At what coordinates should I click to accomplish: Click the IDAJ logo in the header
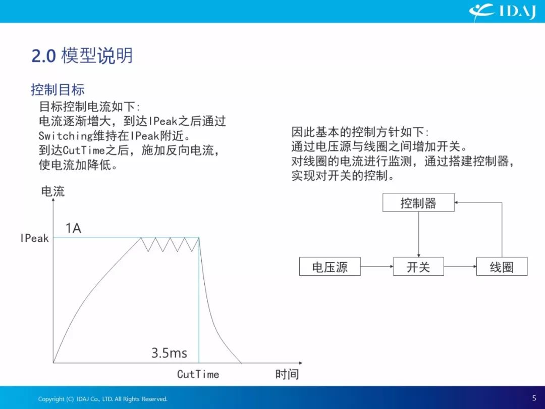502,12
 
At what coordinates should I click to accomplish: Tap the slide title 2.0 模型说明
82,56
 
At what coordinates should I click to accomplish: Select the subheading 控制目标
58,89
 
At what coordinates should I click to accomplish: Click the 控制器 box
418,202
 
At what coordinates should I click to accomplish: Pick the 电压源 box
330,267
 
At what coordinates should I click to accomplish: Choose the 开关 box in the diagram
418,267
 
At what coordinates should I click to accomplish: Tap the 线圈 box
502,267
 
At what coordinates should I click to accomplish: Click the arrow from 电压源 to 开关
377,267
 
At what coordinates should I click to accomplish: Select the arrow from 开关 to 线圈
460,267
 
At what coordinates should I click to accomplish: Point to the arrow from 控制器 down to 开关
418,234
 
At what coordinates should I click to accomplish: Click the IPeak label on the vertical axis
34,238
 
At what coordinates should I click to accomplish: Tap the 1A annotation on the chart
73,228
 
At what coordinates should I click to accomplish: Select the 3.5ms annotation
169,352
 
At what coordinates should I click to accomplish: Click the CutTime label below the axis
198,374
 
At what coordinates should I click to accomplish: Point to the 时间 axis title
287,374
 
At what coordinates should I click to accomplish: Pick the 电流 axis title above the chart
53,191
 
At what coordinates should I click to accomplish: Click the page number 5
534,398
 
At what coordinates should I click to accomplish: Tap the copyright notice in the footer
103,399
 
